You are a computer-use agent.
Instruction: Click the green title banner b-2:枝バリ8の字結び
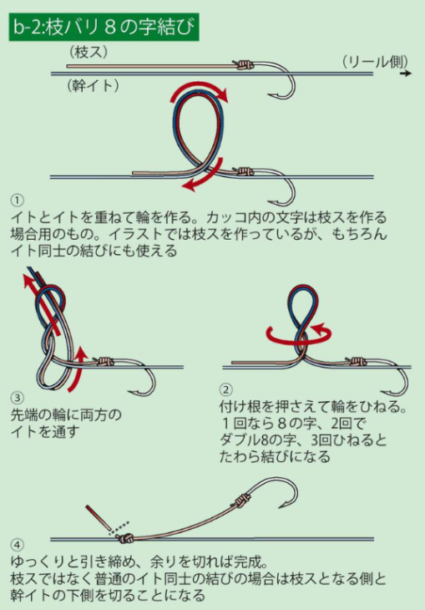click(104, 28)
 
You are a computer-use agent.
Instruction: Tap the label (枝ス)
click(89, 52)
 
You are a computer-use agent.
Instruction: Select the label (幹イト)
click(93, 85)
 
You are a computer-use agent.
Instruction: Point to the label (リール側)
click(376, 62)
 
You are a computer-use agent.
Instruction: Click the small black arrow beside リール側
click(406, 74)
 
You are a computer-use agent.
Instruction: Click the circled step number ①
click(17, 201)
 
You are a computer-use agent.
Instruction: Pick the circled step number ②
click(225, 389)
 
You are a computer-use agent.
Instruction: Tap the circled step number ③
click(17, 398)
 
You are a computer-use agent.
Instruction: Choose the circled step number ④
click(17, 545)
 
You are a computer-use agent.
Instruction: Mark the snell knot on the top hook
click(244, 64)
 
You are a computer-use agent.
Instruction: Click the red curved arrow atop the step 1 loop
click(199, 92)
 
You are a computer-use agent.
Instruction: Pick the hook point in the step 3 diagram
click(130, 390)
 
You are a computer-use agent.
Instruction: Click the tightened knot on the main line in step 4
click(125, 538)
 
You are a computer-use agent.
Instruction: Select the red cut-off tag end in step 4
click(99, 517)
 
